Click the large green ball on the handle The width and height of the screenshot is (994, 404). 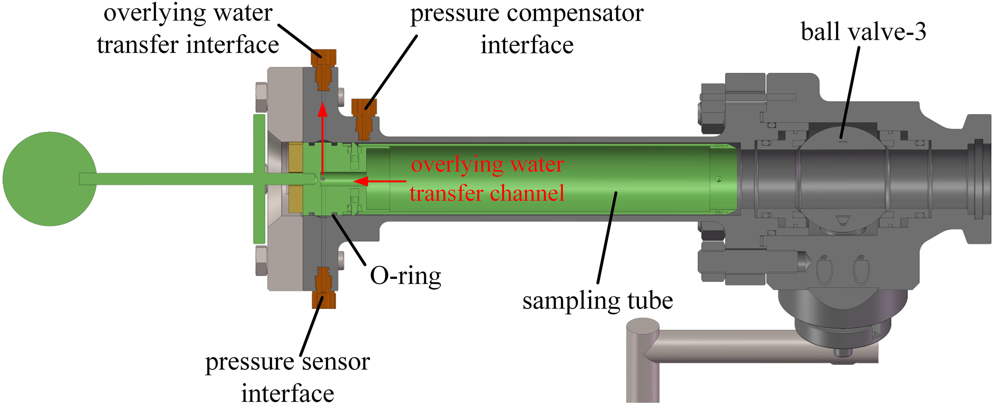(x=50, y=179)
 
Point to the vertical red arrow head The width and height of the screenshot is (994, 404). (x=322, y=109)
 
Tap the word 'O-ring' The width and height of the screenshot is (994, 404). (x=405, y=275)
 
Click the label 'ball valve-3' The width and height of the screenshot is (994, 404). (x=863, y=32)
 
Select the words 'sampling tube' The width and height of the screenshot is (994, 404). (x=597, y=301)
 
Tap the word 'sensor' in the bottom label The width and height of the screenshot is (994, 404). (x=336, y=362)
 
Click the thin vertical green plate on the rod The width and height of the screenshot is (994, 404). (x=259, y=179)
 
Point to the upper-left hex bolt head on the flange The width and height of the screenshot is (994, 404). (x=261, y=97)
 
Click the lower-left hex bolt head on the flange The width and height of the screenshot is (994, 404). (x=261, y=261)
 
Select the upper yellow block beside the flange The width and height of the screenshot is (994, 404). (x=295, y=157)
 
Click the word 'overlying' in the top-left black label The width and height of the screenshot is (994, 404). (x=155, y=14)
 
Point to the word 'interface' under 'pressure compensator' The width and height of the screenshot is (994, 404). (x=527, y=45)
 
